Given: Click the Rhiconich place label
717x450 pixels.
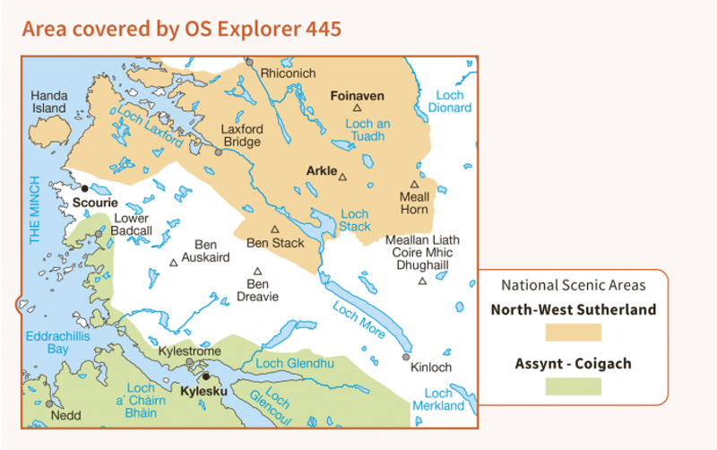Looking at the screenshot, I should pos(288,73).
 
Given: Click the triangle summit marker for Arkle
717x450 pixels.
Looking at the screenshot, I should pos(342,177).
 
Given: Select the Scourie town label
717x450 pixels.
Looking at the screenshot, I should pos(95,203).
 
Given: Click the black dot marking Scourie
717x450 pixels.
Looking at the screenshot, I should pos(85,188).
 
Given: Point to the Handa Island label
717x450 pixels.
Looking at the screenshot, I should pos(49,101).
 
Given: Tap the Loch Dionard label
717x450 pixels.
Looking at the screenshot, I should pos(453,101).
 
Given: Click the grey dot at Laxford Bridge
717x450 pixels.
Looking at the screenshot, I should pos(218,152).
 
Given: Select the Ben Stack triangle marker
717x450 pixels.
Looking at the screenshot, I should pos(275,229).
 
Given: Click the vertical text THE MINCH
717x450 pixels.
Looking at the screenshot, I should pos(36,210).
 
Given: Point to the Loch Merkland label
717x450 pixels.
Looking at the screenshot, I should pos(438,400).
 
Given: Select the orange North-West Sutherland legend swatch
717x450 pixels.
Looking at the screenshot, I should pos(573,333).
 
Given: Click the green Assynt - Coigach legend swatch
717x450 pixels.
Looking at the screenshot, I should pos(573,386).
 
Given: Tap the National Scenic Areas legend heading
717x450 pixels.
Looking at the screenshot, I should pos(573,286).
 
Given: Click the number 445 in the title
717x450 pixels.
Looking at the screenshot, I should pos(321,29).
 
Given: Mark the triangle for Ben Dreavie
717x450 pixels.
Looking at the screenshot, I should pos(258,271).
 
